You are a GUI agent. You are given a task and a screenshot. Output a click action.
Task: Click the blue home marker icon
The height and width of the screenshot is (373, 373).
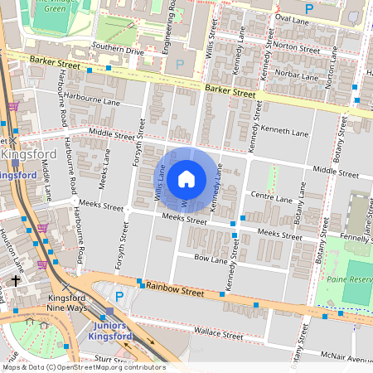(x=186, y=178)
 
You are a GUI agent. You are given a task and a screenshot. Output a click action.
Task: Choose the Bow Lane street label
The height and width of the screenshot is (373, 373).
(x=210, y=259)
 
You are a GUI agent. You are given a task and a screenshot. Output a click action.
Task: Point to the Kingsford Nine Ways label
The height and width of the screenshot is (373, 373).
(x=68, y=303)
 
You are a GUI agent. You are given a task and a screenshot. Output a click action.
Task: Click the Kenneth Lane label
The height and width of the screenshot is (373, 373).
(x=284, y=132)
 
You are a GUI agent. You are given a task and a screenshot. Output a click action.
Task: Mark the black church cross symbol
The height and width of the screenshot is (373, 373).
(x=15, y=282)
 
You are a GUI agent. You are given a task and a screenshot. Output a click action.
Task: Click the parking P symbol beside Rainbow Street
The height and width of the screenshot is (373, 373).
(x=119, y=296)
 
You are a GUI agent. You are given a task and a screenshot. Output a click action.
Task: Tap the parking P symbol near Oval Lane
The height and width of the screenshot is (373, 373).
(x=309, y=8)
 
